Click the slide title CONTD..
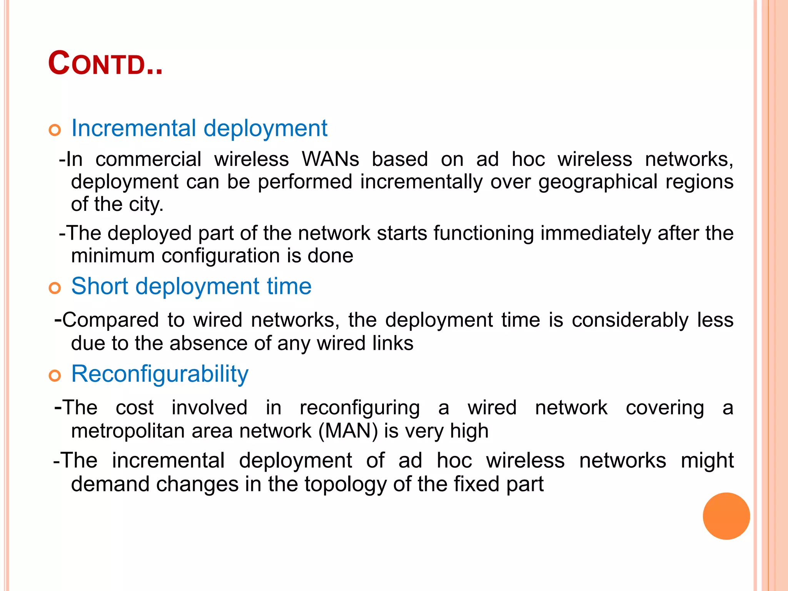coord(105,64)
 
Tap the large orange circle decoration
coord(726,516)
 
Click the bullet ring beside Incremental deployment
coord(55,130)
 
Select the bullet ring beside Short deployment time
coord(55,288)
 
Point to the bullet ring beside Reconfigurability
coord(55,376)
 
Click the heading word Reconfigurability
coord(160,374)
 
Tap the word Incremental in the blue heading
coord(134,128)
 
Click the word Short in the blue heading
coord(100,286)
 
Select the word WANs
coord(330,159)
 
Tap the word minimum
coord(113,256)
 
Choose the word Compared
coord(110,320)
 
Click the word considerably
coord(630,320)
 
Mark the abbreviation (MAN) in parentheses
coord(348,431)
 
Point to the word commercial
coord(148,159)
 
